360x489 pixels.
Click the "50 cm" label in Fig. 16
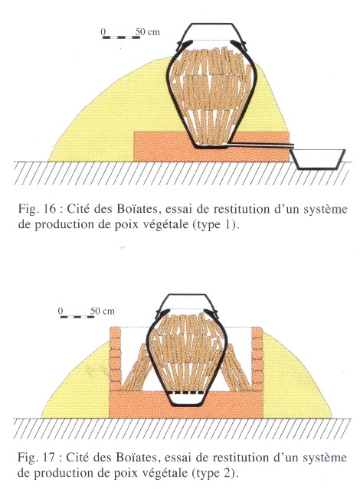148,32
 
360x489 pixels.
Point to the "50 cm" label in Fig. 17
103,311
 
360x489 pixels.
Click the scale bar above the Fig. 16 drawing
121,37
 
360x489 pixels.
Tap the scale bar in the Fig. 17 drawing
77,317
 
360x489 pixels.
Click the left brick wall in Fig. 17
115,359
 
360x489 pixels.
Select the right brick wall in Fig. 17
257,359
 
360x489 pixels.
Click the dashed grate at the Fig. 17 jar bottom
186,393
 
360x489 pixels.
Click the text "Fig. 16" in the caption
37,209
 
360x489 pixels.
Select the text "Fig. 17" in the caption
36,458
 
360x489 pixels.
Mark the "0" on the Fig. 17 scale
61,311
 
